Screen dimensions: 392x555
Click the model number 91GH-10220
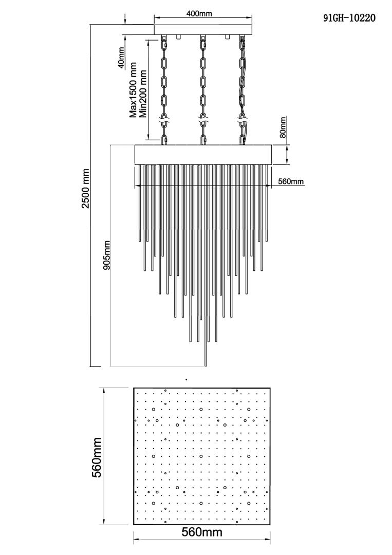click(x=349, y=17)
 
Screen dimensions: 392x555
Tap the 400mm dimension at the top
click(x=199, y=14)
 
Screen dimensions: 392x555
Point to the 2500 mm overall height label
click(x=86, y=188)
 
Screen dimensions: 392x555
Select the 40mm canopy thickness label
click(x=121, y=58)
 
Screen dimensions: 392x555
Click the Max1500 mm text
click(x=133, y=90)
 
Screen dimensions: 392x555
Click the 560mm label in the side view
click(x=291, y=181)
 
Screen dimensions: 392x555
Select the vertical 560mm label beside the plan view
click(x=96, y=457)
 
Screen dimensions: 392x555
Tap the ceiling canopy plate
click(x=203, y=29)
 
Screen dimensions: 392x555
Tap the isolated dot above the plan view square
click(x=186, y=379)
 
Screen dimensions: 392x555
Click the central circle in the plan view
click(x=201, y=456)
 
